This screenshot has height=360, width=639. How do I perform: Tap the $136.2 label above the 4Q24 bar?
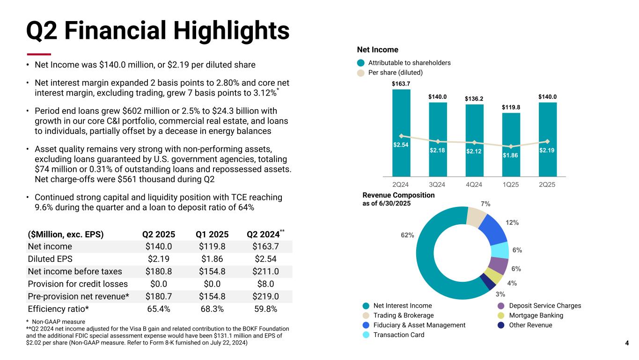coord(474,99)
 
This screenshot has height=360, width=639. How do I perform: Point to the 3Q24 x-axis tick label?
coord(438,184)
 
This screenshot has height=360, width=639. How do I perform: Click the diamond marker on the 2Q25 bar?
coord(547,141)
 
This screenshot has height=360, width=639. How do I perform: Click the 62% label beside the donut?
coord(407,235)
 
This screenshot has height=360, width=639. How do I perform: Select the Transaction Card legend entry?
coord(398,335)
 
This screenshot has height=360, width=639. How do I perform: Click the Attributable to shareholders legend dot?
coord(360,63)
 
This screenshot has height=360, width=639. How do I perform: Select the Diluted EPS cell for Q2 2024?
coord(264,259)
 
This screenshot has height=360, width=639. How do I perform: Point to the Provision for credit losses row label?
coord(78,284)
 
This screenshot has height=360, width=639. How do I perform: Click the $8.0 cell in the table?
coord(265,284)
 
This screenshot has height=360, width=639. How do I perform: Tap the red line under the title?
coord(38,54)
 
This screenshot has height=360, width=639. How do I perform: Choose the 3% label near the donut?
coord(500,294)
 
